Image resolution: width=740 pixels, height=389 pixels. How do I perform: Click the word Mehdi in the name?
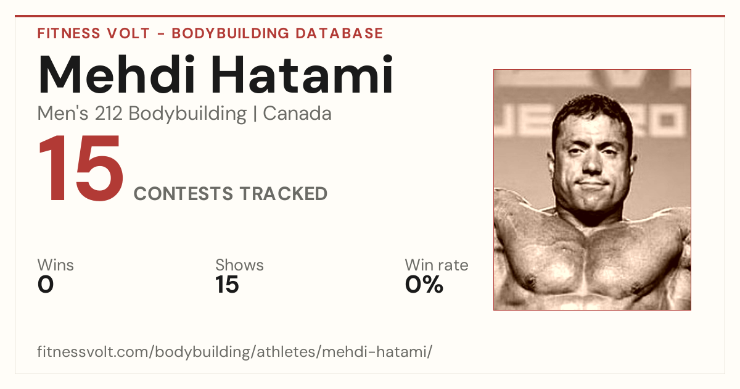(117, 75)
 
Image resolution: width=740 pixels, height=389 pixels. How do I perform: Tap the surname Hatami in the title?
(302, 75)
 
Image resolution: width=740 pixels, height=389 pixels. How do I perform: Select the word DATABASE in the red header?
(339, 33)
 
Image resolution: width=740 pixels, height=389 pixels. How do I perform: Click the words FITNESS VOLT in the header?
(94, 33)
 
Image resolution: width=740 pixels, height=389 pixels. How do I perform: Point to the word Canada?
(297, 114)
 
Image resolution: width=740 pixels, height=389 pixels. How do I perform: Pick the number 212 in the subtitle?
(109, 114)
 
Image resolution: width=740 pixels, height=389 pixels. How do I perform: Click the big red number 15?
(81, 168)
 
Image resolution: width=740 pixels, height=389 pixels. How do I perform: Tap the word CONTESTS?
(183, 194)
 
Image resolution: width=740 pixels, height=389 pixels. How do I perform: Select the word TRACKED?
(284, 194)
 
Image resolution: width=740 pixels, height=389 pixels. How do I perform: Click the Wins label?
(55, 265)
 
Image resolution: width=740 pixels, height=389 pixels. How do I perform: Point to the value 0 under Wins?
(46, 285)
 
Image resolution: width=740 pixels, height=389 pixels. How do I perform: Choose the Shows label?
(239, 265)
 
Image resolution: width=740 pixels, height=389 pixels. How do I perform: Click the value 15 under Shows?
(227, 285)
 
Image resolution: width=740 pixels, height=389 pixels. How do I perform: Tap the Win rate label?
(437, 265)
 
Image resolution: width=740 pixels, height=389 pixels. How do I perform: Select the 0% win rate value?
(424, 285)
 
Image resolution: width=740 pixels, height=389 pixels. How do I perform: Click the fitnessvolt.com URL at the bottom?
(234, 351)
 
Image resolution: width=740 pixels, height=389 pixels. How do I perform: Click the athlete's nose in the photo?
(591, 164)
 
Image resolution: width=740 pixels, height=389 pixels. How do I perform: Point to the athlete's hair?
(591, 105)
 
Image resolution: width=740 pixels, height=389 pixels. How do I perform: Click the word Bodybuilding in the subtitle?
(187, 114)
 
